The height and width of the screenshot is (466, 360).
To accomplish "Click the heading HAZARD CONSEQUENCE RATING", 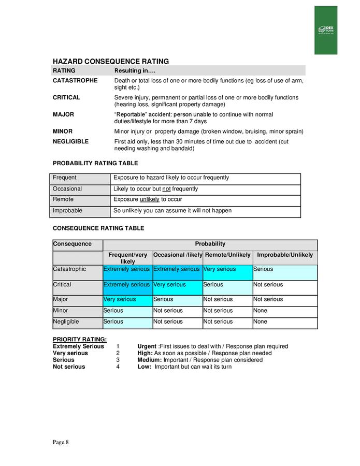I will coord(111,62).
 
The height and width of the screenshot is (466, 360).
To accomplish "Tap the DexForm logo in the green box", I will coord(326,30).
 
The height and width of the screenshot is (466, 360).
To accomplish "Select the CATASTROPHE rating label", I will coord(75,81).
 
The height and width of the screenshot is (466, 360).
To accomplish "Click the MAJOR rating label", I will coord(63,114).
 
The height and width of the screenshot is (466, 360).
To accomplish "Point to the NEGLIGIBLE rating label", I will coord(70,141).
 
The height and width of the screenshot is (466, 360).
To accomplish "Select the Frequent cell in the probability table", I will coord(65,178).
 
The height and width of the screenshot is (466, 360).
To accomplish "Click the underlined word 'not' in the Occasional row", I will coord(166,189).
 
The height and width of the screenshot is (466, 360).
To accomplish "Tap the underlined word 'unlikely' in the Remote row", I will coord(149,199).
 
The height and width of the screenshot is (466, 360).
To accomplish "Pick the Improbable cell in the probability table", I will coord(67,211).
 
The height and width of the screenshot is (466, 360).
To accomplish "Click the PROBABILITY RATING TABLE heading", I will coord(95,163).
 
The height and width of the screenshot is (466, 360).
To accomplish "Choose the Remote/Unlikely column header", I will coord(227,255).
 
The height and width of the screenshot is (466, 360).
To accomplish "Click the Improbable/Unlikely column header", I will coord(285,255).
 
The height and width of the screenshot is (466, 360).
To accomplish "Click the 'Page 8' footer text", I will coord(60,442).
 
